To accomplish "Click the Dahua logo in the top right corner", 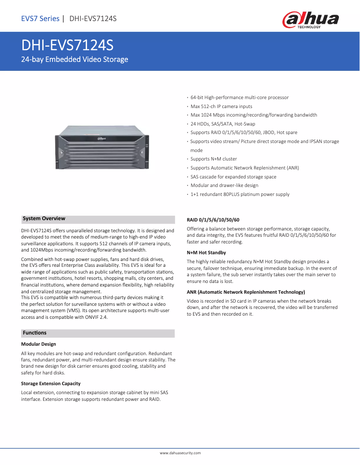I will click(310, 20).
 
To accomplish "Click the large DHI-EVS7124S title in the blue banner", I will click(67, 46).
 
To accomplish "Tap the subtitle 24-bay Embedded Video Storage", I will click(75, 60).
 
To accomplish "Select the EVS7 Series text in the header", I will click(40, 18).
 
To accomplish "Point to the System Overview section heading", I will click(44, 219).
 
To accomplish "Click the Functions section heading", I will click(35, 333).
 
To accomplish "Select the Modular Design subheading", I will click(39, 344).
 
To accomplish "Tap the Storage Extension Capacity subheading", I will click(51, 383).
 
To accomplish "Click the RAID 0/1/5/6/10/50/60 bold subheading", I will click(213, 220).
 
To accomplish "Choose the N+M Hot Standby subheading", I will click(206, 253).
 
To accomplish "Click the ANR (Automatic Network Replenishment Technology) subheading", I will click(246, 292).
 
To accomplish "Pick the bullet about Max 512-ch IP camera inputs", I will click(221, 107).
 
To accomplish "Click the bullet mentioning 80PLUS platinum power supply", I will click(240, 195).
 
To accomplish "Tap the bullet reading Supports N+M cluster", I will click(214, 159).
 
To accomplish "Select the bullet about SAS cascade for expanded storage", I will click(233, 177).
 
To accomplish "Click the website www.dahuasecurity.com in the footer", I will click(180, 453).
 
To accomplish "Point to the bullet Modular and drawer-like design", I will click(224, 186).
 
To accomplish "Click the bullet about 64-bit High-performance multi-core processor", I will click(239, 98).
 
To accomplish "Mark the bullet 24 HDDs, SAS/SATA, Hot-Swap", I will click(223, 124).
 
